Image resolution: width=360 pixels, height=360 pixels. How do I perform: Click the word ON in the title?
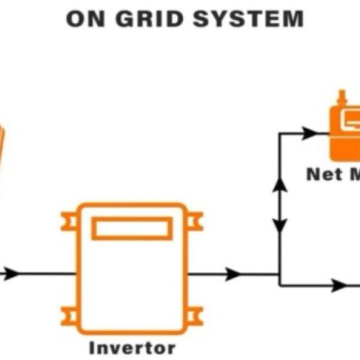(85, 19)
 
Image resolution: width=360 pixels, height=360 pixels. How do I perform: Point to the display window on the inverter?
(132, 229)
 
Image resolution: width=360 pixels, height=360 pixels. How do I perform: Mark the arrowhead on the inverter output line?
(232, 274)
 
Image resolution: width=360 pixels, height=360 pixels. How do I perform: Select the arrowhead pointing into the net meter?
(309, 133)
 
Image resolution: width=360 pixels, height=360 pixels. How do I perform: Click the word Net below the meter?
(322, 174)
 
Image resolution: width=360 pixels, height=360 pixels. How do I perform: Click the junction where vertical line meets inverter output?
(280, 274)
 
